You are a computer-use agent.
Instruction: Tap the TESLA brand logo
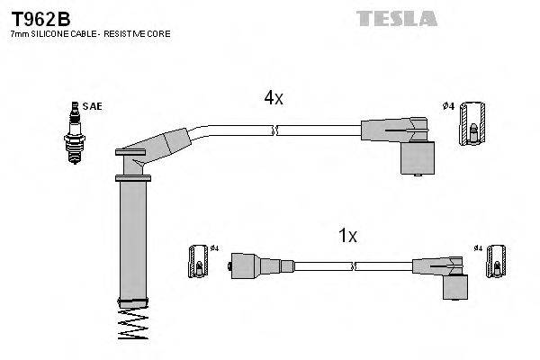396,18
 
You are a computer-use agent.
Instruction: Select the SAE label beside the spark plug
92,106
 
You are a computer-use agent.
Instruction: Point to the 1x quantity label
347,237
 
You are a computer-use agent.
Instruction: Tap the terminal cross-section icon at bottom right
493,265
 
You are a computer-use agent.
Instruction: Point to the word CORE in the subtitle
158,33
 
